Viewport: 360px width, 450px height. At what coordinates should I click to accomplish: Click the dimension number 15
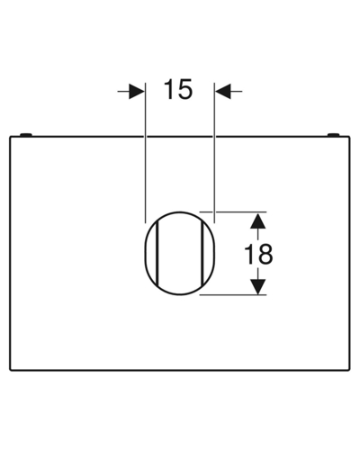pyautogui.click(x=178, y=89)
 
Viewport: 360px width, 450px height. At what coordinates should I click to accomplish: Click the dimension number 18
pyautogui.click(x=258, y=254)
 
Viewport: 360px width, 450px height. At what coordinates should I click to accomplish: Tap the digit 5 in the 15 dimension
pyautogui.click(x=184, y=89)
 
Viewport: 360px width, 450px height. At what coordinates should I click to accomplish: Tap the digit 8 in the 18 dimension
pyautogui.click(x=265, y=254)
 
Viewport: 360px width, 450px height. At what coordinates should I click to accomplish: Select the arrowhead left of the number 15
pyautogui.click(x=137, y=91)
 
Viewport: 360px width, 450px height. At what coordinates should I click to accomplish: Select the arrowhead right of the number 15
pyautogui.click(x=223, y=91)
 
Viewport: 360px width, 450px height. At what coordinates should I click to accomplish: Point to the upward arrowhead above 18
pyautogui.click(x=258, y=220)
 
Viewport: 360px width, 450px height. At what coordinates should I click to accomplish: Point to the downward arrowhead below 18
pyautogui.click(x=258, y=286)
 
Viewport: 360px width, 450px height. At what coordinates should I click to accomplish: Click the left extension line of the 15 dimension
pyautogui.click(x=145, y=153)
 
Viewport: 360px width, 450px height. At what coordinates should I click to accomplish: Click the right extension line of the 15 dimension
pyautogui.click(x=214, y=153)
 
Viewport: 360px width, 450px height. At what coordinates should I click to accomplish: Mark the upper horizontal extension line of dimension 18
pyautogui.click(x=233, y=212)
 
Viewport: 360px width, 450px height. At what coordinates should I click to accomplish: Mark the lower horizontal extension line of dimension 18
pyautogui.click(x=233, y=295)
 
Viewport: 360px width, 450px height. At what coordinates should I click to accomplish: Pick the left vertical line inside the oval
pyautogui.click(x=157, y=254)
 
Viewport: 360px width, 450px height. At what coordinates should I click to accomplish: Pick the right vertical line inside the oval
pyautogui.click(x=202, y=254)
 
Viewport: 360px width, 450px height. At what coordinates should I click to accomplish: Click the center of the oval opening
pyautogui.click(x=180, y=254)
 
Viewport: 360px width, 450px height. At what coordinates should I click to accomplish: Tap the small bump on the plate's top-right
pyautogui.click(x=333, y=134)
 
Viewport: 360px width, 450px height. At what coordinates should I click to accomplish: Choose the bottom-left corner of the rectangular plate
pyautogui.click(x=10, y=370)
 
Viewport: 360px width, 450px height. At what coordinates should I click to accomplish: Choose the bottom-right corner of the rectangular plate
pyautogui.click(x=349, y=370)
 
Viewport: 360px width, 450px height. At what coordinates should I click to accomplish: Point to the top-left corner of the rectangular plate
pyautogui.click(x=10, y=137)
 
